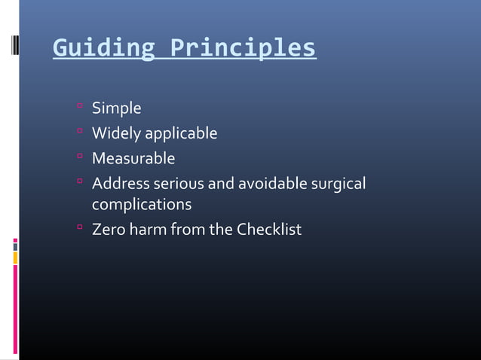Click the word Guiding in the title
[x=103, y=47]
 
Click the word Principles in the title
[x=243, y=47]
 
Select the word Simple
[x=116, y=109]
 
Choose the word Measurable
[x=133, y=158]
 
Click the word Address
[x=120, y=183]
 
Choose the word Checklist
[x=269, y=229]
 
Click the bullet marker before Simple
[x=78, y=108]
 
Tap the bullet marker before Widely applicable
[x=78, y=133]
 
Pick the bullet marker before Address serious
[x=78, y=182]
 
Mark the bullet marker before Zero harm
[x=78, y=227]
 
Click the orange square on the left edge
[x=15, y=258]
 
